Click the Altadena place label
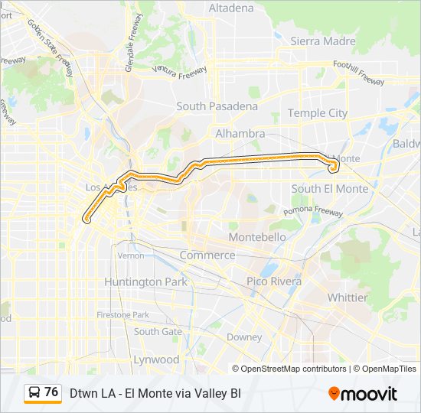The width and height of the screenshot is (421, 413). (230, 8)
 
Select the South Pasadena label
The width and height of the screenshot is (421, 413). (217, 106)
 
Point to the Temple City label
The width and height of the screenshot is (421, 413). (318, 113)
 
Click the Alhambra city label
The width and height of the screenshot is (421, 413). (240, 134)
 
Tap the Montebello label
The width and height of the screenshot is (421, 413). (257, 237)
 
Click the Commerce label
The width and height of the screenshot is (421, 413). (207, 255)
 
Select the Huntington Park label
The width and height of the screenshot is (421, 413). (145, 281)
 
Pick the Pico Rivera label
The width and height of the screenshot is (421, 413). (274, 281)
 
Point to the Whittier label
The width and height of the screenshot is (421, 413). (348, 298)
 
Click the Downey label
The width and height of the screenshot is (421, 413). (244, 337)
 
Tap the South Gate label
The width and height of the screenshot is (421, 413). (158, 331)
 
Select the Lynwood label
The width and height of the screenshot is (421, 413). (156, 359)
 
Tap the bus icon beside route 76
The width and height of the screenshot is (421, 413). (34, 393)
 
